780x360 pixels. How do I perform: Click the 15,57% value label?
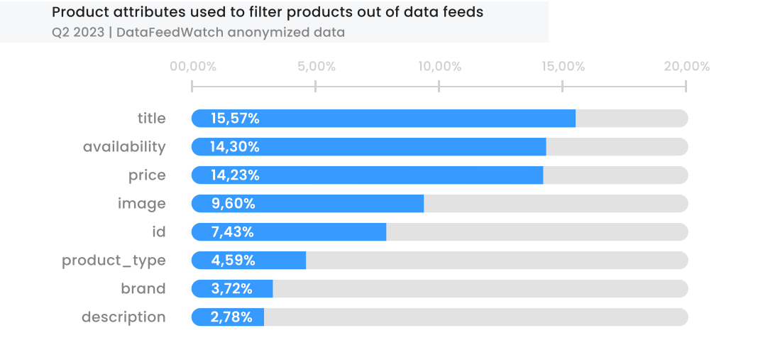(235, 119)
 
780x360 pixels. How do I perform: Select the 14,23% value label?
(235, 175)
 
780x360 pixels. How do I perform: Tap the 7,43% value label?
(232, 232)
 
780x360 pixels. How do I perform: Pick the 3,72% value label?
(232, 289)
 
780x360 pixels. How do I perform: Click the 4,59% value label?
(233, 261)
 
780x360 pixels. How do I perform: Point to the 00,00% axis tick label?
(193, 67)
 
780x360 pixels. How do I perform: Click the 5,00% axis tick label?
(317, 67)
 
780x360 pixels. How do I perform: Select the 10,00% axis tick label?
(440, 67)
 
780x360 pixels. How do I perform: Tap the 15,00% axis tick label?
(564, 67)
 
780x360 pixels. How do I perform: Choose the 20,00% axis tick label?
(687, 67)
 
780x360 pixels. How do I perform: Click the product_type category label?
(114, 261)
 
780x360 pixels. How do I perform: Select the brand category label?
(143, 289)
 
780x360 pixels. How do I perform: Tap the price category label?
(147, 175)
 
